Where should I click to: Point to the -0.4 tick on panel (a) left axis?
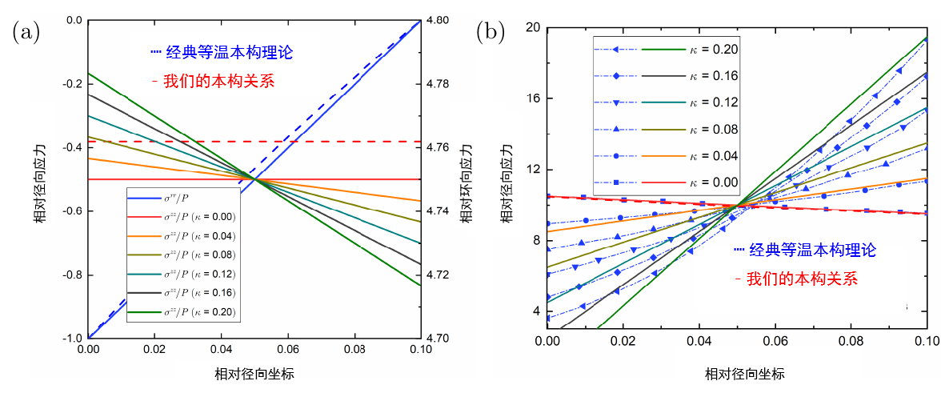pos(72,147)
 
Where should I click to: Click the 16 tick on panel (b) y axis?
pos(531,98)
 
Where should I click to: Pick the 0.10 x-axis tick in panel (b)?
pos(926,341)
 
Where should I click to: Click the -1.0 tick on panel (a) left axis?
pos(72,338)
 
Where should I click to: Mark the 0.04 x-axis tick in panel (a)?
pos(221,350)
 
